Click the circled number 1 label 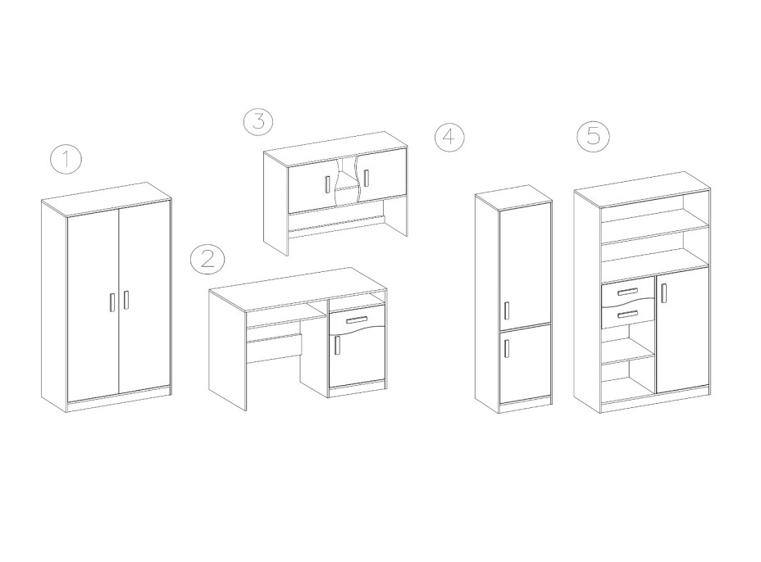66,160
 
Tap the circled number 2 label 207,260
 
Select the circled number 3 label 258,120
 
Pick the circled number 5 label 593,134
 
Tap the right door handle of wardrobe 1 125,300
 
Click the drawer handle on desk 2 358,319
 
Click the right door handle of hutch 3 366,178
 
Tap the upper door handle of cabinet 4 507,310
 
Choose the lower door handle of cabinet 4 507,348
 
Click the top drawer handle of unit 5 628,291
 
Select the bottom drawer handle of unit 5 628,315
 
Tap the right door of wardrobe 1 144,297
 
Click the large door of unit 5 681,329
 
